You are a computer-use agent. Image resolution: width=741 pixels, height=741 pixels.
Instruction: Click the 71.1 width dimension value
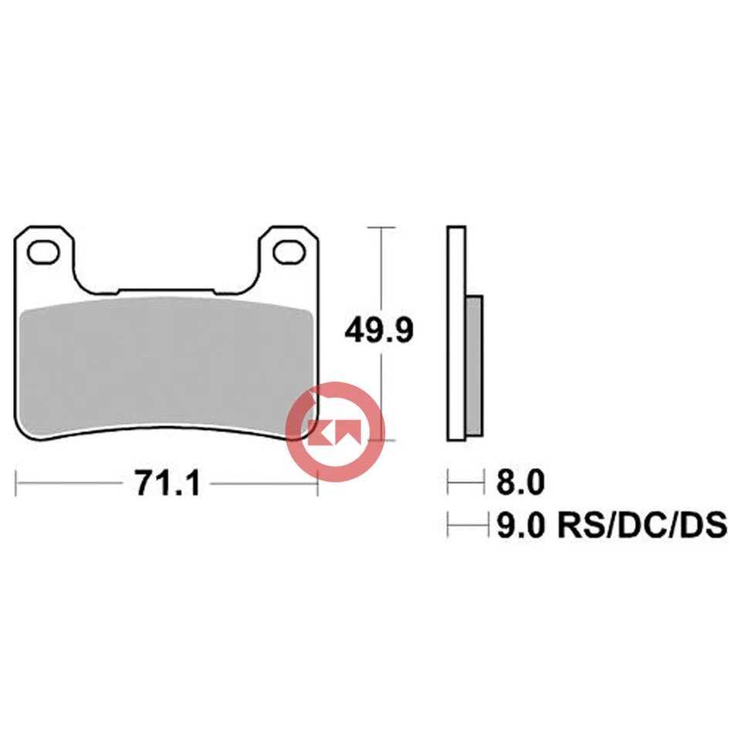coord(167,484)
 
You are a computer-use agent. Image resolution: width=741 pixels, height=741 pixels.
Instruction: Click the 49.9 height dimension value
coord(380,331)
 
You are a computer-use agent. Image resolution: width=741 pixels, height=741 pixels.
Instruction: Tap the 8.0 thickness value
coord(519,483)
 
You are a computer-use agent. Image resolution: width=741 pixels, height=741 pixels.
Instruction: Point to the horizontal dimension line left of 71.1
coord(69,484)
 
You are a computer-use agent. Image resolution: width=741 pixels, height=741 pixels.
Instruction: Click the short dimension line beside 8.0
coord(462,484)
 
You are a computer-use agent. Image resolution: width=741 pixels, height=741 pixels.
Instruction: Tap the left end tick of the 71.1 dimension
coord(17,484)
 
